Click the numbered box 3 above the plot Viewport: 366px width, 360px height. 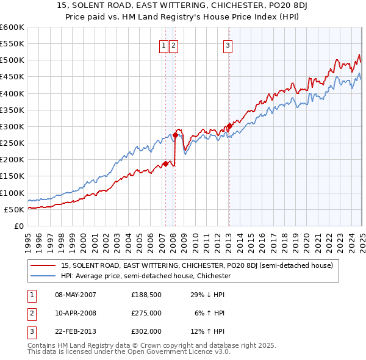(228, 45)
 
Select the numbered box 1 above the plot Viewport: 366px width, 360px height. (165, 45)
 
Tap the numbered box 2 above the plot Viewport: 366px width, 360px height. (174, 45)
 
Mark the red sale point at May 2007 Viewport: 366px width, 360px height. (165, 164)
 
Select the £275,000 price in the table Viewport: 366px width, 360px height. (146, 313)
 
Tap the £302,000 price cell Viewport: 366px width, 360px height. (146, 331)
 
